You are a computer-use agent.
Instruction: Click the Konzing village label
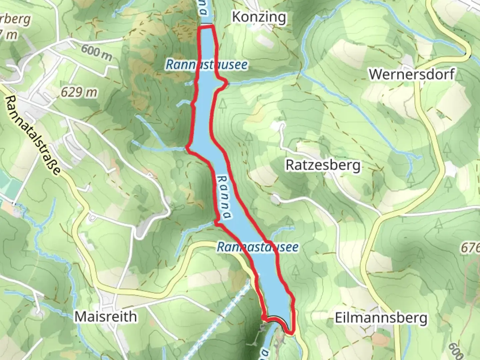(x=259, y=17)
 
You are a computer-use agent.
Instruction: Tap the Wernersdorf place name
(x=411, y=74)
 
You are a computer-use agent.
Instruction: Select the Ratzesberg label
(x=323, y=165)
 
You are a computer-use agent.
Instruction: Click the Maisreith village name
(x=105, y=316)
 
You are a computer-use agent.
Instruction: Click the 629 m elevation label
(x=79, y=92)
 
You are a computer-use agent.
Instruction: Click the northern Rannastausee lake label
(x=206, y=65)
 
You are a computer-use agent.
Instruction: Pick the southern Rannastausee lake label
(x=257, y=247)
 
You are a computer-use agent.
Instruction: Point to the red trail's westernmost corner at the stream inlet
(x=187, y=147)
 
